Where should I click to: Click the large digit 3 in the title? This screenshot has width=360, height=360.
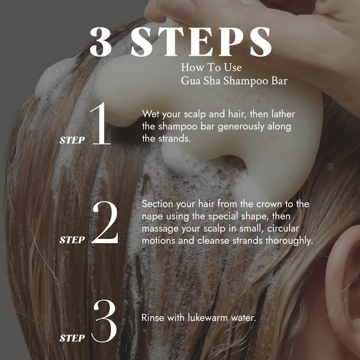(x=101, y=42)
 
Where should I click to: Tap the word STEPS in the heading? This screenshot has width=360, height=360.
(x=201, y=42)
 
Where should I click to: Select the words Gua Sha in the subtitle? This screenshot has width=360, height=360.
(x=201, y=81)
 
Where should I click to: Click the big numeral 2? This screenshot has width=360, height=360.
(x=105, y=222)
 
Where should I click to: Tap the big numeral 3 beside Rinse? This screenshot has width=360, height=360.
(x=104, y=321)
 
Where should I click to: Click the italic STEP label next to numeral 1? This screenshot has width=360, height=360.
(x=72, y=140)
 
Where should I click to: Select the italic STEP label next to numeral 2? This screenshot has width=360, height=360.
(x=72, y=240)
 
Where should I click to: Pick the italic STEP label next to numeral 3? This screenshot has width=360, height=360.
(x=72, y=338)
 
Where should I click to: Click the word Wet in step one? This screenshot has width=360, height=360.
(x=151, y=114)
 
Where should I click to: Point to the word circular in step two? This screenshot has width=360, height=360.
(x=283, y=229)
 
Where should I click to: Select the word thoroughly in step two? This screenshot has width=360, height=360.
(x=289, y=241)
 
